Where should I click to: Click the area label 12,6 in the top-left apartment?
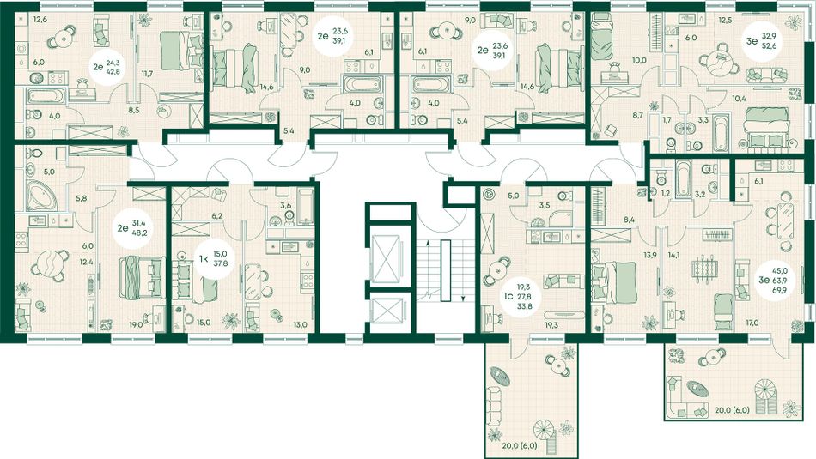point(40,21)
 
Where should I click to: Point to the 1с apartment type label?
point(508,297)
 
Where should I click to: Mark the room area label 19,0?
point(137,323)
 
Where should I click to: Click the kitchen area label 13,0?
point(300,324)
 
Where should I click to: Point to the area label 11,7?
point(147,75)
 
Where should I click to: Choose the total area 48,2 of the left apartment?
point(138,233)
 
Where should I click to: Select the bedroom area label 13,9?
point(650,255)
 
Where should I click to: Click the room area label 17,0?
point(752,323)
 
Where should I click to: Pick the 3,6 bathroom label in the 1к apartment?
point(286,206)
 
